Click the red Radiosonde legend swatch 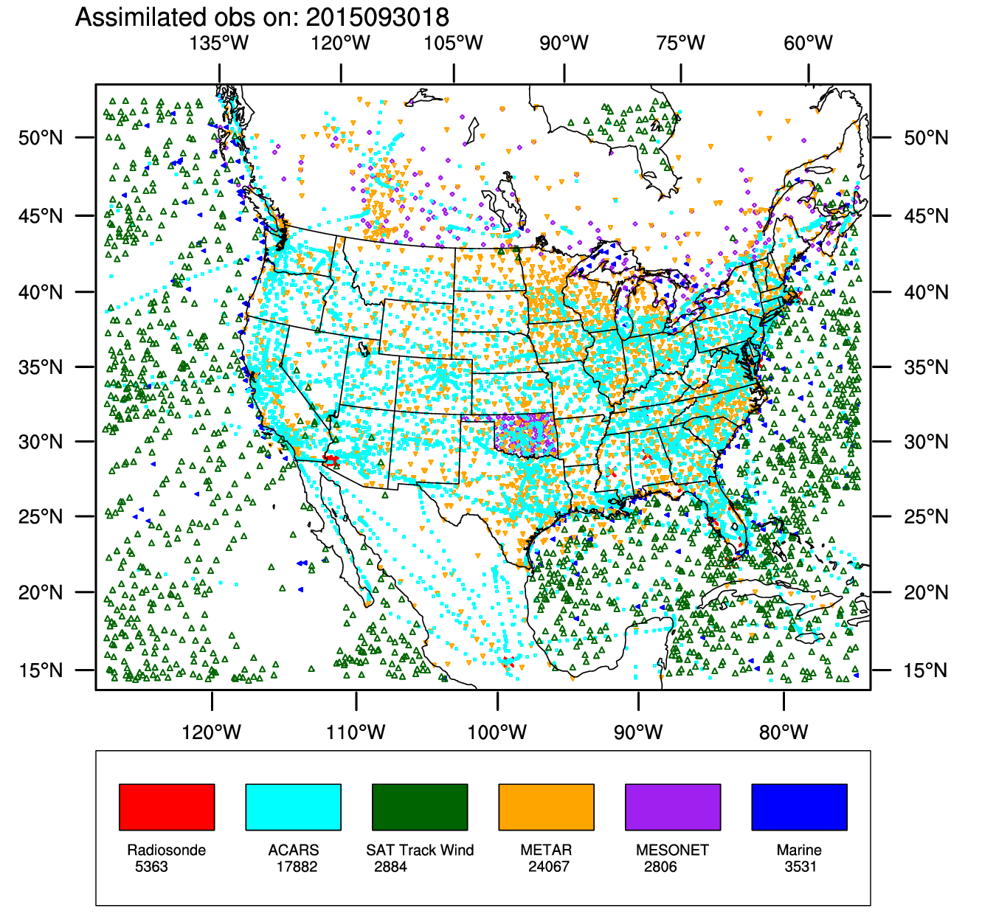(167, 807)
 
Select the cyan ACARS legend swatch (293, 807)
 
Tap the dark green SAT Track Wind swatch (420, 807)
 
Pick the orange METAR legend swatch (546, 807)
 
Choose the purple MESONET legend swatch (673, 807)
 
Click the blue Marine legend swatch (799, 807)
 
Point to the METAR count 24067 (549, 867)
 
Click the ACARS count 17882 (297, 867)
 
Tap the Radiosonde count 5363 (151, 867)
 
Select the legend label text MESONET (672, 850)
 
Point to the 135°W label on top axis (219, 43)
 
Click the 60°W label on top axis (808, 43)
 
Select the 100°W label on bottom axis (497, 732)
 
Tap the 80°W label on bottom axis (784, 732)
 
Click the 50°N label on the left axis (41, 138)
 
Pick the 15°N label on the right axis (926, 670)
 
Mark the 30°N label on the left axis (41, 442)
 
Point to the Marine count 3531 (800, 867)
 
